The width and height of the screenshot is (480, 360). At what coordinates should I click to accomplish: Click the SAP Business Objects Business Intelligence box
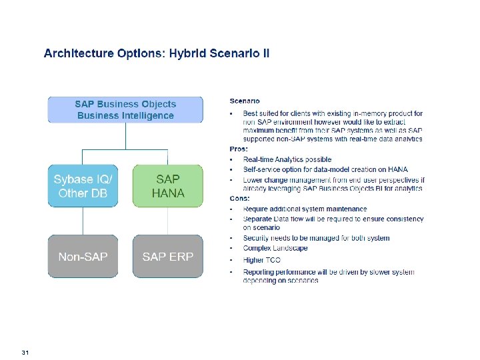click(125, 110)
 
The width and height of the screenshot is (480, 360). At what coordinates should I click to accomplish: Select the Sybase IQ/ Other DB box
click(83, 186)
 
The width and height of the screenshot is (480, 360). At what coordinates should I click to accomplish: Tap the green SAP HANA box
click(167, 186)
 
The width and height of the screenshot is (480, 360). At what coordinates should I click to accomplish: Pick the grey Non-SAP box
click(83, 256)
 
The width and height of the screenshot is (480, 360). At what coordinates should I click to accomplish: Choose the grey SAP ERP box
click(167, 256)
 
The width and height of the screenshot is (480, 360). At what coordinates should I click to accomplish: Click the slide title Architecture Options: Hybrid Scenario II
click(157, 53)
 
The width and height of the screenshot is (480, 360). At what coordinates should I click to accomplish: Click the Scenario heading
click(245, 101)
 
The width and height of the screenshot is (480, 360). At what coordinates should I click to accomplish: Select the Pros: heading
click(239, 149)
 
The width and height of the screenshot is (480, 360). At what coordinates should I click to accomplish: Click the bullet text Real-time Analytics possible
click(287, 159)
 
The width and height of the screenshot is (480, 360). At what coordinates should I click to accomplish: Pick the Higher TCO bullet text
click(262, 259)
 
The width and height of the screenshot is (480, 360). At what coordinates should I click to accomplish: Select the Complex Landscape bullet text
click(275, 248)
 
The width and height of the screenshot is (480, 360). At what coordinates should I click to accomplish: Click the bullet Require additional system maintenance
click(305, 209)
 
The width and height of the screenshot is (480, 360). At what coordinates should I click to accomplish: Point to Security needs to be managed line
click(316, 238)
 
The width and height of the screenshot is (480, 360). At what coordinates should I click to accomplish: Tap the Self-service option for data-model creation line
click(325, 169)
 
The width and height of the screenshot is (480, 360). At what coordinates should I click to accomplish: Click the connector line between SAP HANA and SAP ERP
click(167, 220)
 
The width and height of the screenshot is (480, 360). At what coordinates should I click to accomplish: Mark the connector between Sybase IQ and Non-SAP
click(83, 220)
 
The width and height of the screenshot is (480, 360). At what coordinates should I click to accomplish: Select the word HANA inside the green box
click(167, 193)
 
